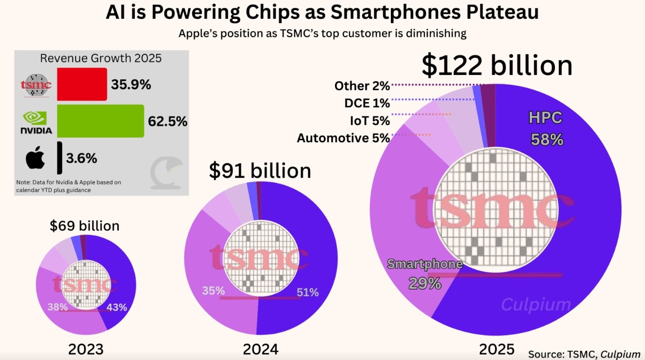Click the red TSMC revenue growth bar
[82, 84]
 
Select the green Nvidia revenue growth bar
[101, 121]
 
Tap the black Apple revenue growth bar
[59, 157]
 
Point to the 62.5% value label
[168, 121]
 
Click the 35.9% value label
[131, 85]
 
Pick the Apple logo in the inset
[35, 158]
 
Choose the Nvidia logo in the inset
[36, 123]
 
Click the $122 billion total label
[497, 65]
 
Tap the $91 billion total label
[260, 171]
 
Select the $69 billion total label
[85, 225]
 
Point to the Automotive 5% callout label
[343, 138]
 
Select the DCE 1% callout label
[367, 103]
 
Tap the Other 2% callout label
[362, 86]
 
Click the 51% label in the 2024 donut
[307, 292]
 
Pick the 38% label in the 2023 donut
[57, 307]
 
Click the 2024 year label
[260, 348]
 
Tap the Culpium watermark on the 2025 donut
[536, 305]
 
